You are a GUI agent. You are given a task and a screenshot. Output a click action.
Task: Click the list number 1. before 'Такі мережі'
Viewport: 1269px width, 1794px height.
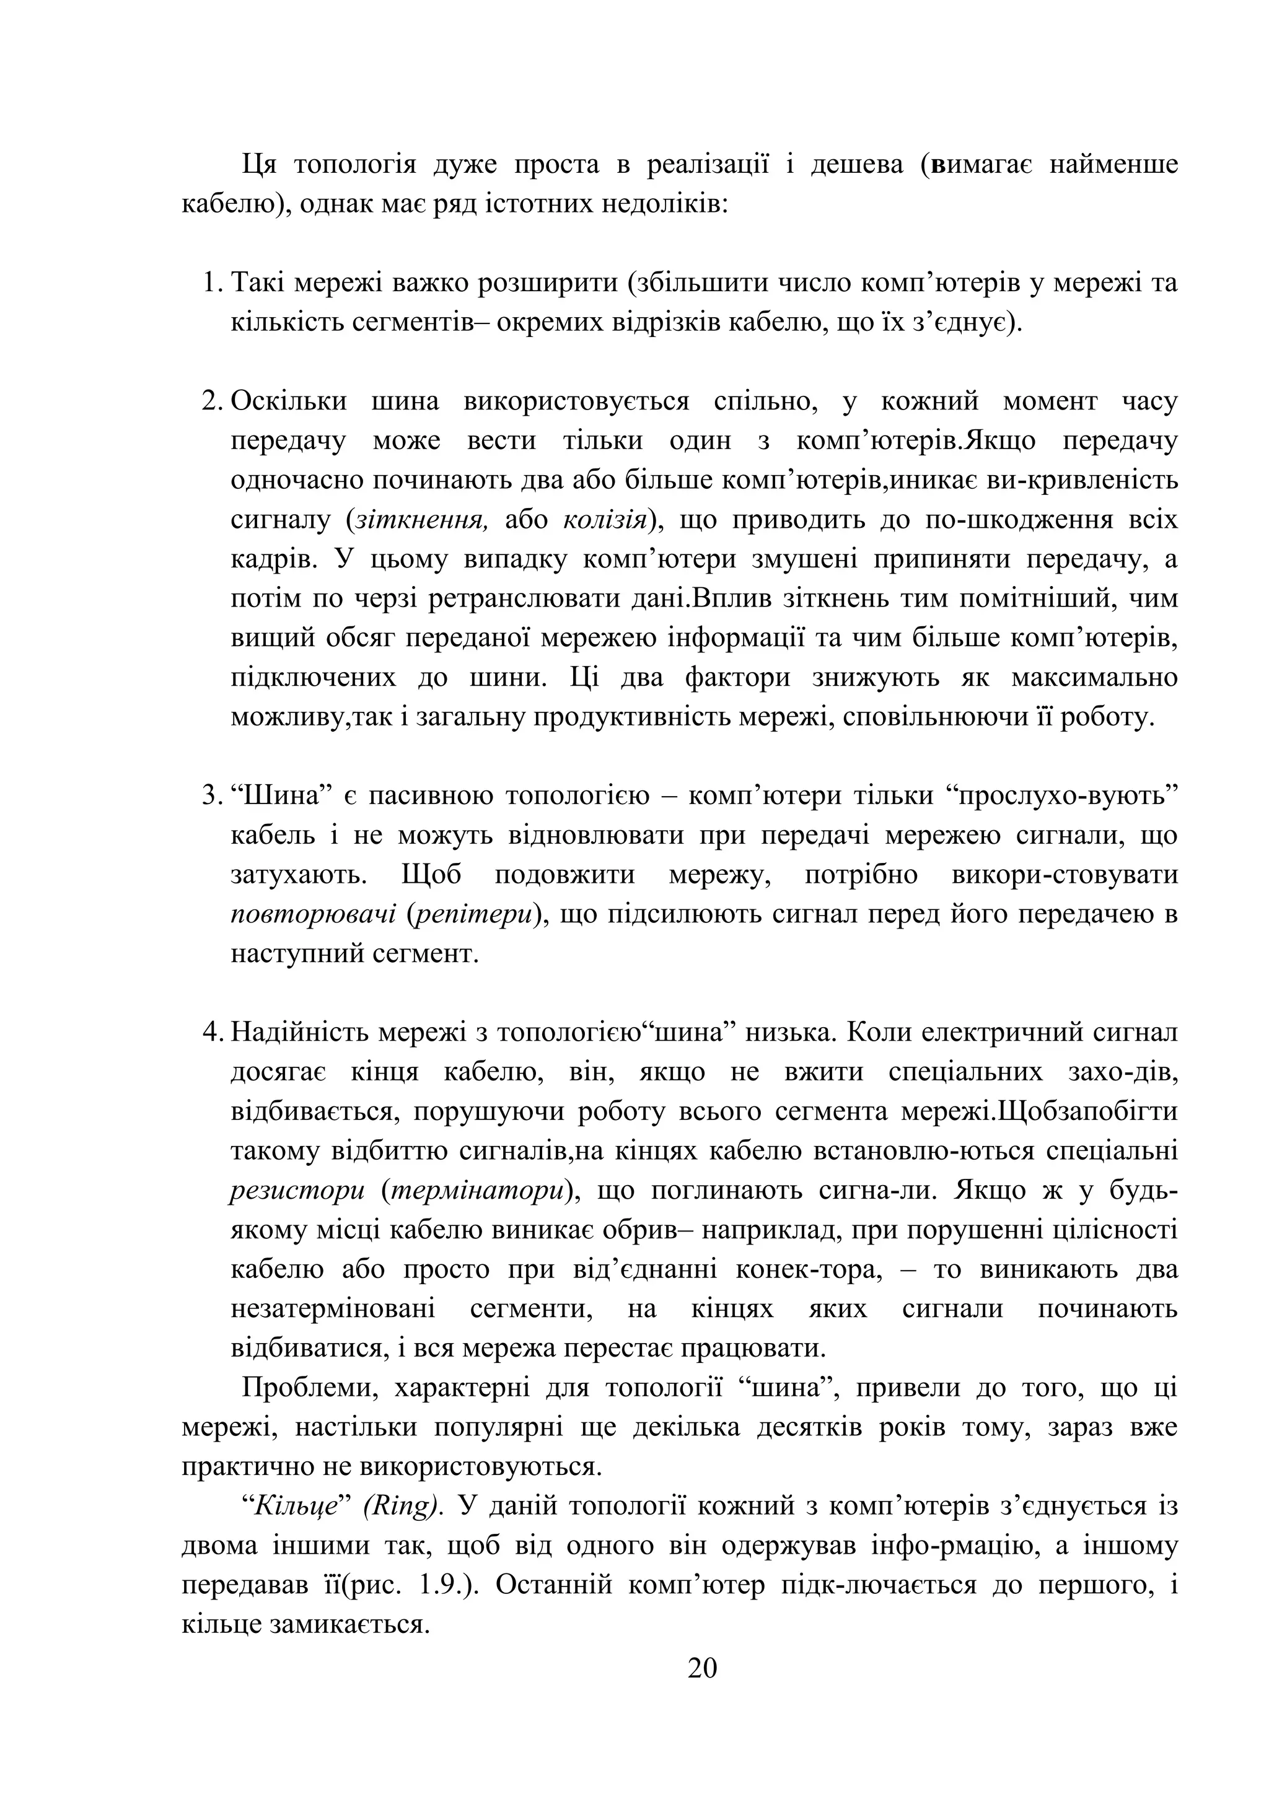212,283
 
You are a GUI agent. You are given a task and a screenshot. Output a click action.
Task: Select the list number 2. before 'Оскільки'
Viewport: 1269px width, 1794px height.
212,401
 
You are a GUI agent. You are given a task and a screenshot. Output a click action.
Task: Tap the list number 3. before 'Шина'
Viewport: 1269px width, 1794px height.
212,795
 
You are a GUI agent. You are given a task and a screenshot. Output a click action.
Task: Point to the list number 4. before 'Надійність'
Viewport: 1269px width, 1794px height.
212,1032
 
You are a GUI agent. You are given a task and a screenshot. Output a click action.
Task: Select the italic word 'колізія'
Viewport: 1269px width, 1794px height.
604,520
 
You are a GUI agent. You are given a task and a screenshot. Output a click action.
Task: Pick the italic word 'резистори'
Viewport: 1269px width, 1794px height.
297,1191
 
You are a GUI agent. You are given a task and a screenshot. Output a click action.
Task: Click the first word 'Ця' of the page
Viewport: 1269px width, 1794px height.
258,165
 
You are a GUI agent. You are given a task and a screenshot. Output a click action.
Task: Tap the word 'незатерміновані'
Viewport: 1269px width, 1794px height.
333,1309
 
